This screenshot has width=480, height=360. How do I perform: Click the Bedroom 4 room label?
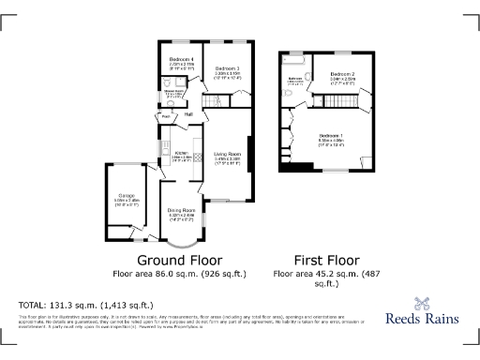(x=181, y=59)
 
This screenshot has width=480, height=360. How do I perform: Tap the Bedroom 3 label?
(x=228, y=69)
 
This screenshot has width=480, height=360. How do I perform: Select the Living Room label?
(x=228, y=154)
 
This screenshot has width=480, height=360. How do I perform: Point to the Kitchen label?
(x=182, y=152)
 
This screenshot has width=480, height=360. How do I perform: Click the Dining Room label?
(x=182, y=210)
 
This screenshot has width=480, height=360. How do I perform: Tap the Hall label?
(x=188, y=114)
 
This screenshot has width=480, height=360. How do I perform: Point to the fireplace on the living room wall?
(x=250, y=156)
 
